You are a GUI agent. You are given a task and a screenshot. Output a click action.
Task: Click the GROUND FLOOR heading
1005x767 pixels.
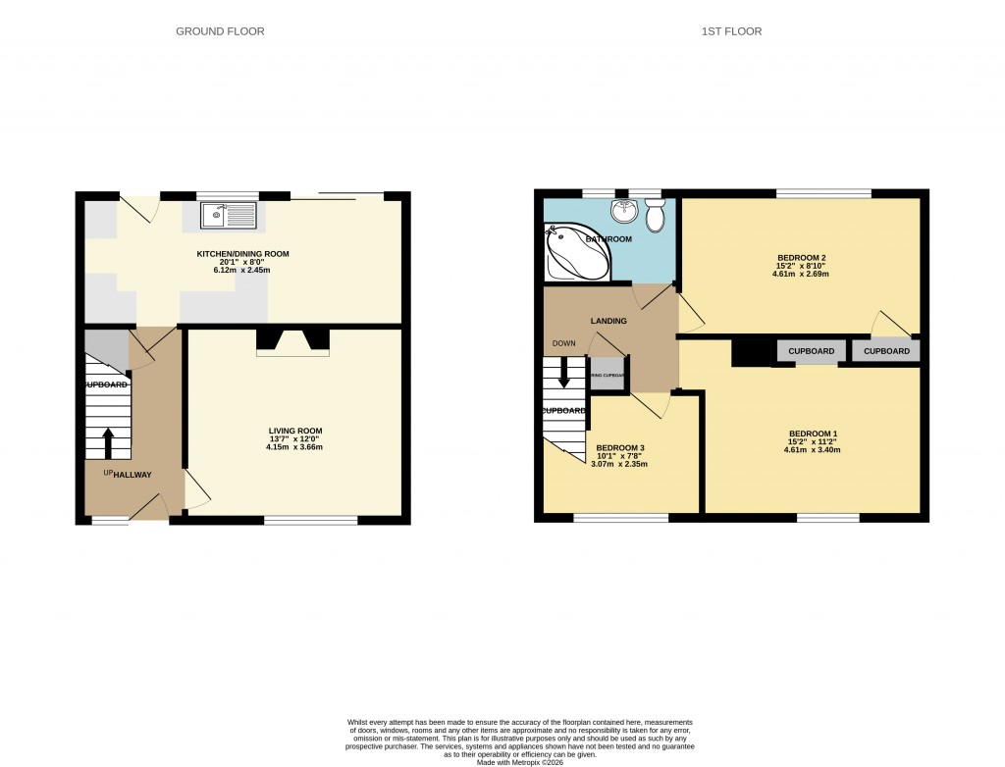(x=220, y=31)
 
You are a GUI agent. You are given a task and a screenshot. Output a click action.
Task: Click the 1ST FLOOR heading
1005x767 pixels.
(x=731, y=31)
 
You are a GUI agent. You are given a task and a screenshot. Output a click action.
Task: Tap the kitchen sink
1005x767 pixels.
(x=228, y=215)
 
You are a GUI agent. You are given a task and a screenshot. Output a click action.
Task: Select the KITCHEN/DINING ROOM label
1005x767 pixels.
(x=242, y=254)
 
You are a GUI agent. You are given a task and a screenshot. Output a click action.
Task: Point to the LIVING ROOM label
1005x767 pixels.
(x=295, y=431)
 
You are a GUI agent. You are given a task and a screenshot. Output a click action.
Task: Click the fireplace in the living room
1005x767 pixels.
(x=292, y=342)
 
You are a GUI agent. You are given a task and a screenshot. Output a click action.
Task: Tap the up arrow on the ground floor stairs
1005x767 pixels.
(x=108, y=442)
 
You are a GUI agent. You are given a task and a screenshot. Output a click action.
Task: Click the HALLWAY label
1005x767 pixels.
(x=132, y=475)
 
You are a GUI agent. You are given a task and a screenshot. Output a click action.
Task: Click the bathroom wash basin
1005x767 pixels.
(x=622, y=211)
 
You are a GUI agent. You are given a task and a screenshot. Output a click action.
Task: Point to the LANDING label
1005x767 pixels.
(x=608, y=321)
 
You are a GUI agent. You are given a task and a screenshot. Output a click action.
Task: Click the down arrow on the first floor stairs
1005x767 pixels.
(x=564, y=372)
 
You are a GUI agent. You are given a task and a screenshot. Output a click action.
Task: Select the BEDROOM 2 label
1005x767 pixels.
(x=800, y=257)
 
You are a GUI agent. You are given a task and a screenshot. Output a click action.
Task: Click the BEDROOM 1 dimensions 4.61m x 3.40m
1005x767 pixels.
(x=814, y=450)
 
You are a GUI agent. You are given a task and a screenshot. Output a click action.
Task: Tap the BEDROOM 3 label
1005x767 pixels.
(x=620, y=447)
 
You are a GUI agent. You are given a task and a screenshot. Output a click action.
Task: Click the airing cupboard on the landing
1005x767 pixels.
(x=608, y=375)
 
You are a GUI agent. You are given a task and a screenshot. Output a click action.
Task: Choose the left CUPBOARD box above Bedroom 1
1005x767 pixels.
(x=812, y=351)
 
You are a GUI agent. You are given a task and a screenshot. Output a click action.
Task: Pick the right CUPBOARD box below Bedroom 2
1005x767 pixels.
(x=886, y=351)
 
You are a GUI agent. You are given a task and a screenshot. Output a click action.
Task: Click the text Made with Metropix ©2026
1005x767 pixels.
(x=522, y=762)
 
